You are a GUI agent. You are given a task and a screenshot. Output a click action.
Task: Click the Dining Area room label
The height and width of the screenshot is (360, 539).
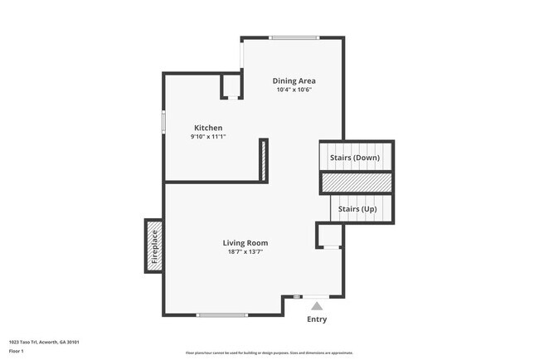click(294, 80)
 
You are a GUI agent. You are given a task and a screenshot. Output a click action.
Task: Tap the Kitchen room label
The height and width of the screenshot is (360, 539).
click(208, 128)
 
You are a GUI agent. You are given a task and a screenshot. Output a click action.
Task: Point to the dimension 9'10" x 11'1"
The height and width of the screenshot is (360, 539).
click(208, 137)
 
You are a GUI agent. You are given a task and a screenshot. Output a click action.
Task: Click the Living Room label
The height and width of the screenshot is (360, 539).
click(245, 243)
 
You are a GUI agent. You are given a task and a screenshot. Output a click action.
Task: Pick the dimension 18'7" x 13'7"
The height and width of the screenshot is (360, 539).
click(245, 252)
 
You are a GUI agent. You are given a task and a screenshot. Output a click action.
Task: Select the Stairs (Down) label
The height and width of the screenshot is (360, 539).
click(355, 158)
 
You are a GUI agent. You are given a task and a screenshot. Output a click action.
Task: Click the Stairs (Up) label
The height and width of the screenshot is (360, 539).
click(358, 209)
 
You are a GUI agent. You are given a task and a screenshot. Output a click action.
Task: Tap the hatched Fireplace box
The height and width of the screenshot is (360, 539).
click(153, 246)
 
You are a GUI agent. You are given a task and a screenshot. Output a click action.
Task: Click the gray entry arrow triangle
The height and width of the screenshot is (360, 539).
click(316, 306)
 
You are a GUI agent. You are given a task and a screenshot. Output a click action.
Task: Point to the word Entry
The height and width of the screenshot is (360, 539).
click(317, 319)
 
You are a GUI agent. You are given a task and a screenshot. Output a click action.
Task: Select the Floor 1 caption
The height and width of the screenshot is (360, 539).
click(17, 351)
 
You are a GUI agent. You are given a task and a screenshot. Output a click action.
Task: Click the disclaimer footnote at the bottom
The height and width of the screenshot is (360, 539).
click(269, 353)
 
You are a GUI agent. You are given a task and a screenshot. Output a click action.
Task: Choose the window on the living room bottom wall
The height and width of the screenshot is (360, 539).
click(221, 314)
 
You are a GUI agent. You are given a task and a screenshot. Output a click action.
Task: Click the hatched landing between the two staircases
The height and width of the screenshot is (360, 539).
click(357, 182)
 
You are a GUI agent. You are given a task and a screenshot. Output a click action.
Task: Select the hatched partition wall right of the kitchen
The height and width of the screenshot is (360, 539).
click(263, 160)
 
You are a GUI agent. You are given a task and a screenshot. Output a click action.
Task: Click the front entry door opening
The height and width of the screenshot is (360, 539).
click(316, 296)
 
